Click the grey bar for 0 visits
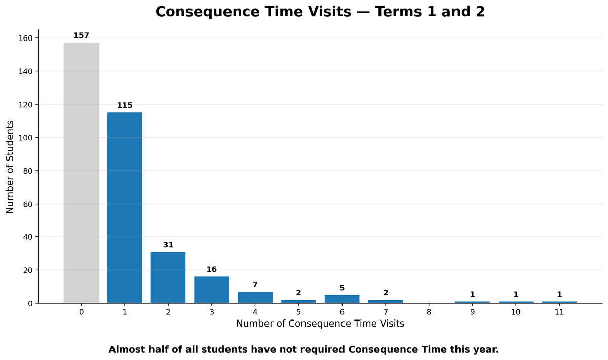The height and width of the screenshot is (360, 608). [82, 173]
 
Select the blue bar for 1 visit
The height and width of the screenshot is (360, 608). [125, 208]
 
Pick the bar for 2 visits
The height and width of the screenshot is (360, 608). [168, 277]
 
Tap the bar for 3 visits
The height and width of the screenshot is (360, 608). [212, 290]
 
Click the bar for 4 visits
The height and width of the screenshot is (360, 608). [255, 297]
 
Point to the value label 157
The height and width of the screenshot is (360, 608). [82, 35]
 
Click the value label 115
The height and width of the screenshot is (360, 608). [125, 105]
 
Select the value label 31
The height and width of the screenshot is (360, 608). [168, 245]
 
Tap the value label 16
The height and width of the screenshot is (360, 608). [212, 269]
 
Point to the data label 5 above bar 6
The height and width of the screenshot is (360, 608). [342, 288]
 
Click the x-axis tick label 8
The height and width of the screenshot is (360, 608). [429, 312]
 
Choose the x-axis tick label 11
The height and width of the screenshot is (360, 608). [559, 312]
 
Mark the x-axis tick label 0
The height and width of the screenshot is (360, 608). [82, 312]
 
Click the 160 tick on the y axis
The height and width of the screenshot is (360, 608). [25, 38]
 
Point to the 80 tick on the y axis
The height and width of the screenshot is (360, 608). [28, 171]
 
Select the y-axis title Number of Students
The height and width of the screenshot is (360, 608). [10, 167]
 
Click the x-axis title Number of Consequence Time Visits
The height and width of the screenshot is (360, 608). [320, 324]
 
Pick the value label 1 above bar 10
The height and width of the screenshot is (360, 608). [516, 294]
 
